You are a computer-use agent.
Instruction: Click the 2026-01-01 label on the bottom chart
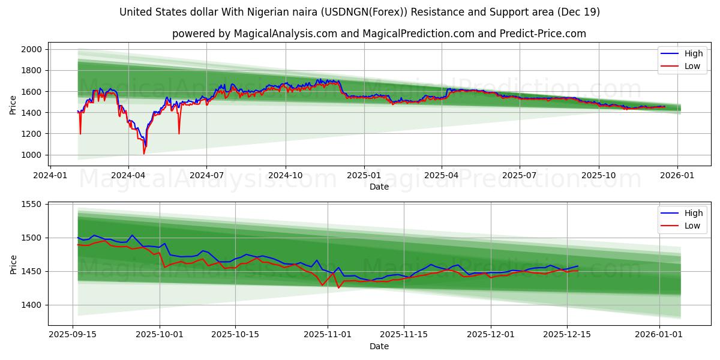point(659,334)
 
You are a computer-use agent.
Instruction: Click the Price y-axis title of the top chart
point(13,104)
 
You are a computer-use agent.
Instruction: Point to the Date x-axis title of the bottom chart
point(379,346)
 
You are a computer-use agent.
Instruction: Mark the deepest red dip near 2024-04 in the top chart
point(144,154)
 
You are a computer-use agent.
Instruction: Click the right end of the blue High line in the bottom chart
point(578,266)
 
